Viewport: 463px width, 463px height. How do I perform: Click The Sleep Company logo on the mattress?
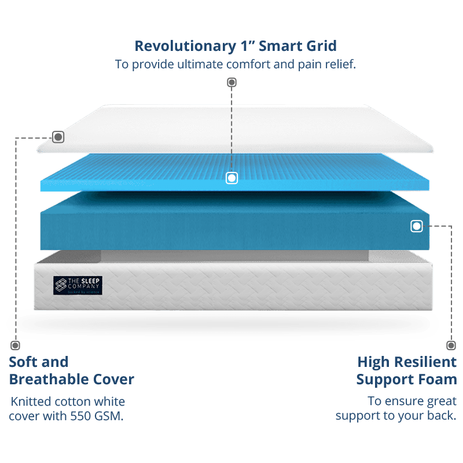pos(77,285)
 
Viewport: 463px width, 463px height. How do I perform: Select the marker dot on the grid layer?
pos(231,178)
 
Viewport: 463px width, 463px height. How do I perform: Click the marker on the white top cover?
pos(58,137)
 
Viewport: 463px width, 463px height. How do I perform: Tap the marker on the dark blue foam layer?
pos(417,226)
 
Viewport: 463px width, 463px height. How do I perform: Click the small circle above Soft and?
pos(14,346)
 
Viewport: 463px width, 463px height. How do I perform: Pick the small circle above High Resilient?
pos(451,346)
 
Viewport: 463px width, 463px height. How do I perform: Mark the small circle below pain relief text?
pos(231,82)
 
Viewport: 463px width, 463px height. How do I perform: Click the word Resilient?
pos(424,363)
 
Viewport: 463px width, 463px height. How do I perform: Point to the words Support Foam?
pos(406,380)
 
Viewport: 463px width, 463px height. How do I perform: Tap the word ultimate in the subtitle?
pos(192,64)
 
